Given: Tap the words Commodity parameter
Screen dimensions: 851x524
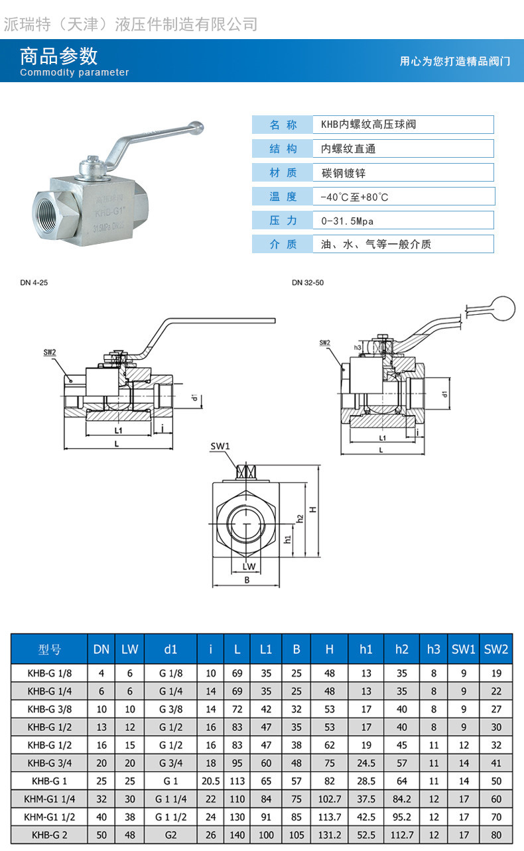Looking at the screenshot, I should [74, 73].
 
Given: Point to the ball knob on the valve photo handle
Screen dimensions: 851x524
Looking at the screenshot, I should [196, 125].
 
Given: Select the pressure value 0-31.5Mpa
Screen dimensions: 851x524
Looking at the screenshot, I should [347, 221].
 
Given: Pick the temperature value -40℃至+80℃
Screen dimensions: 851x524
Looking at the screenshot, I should [354, 197].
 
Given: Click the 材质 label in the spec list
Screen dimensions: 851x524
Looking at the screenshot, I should [283, 173].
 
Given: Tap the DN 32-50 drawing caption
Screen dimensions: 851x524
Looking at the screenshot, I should [308, 282].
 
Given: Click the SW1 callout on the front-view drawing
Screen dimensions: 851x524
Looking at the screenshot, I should [220, 447].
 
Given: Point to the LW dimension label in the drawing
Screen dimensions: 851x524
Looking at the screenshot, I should [249, 566].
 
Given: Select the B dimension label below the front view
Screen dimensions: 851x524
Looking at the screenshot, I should [247, 580].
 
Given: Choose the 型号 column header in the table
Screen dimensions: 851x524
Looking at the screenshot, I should [50, 650].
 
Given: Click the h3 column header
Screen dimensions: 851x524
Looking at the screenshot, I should [434, 650].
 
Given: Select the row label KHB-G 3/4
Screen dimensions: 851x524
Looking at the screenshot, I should [50, 763].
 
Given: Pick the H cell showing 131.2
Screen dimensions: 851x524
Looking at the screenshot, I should [330, 834].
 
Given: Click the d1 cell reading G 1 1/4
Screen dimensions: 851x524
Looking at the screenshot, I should [170, 799].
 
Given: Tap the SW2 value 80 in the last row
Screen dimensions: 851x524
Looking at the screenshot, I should [496, 834].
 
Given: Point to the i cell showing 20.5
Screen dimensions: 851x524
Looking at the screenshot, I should [211, 781].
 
